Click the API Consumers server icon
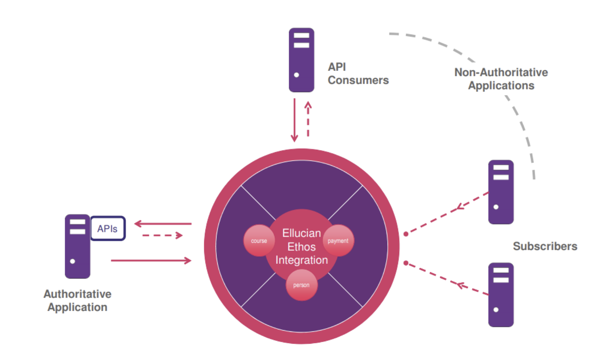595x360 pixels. (x=301, y=60)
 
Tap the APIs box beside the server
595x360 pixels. (x=108, y=228)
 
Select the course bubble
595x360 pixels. (x=259, y=240)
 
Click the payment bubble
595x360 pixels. (x=338, y=240)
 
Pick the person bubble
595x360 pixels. (x=301, y=285)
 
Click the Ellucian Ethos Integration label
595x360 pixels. (x=301, y=246)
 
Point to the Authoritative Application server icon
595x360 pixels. (x=77, y=246)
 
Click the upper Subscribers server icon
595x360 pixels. (x=501, y=192)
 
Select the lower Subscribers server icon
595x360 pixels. (x=501, y=295)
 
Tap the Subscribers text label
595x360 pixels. (x=545, y=246)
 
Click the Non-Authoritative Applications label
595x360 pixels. (x=501, y=79)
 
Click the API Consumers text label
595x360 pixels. (x=357, y=74)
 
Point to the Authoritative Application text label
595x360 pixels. (x=77, y=300)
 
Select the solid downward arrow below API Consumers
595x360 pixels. (x=294, y=120)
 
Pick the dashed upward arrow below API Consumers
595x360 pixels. (x=308, y=119)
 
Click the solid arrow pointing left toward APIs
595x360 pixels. (x=163, y=224)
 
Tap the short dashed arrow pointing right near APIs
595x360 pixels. (x=162, y=235)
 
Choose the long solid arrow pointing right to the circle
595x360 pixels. (x=151, y=261)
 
